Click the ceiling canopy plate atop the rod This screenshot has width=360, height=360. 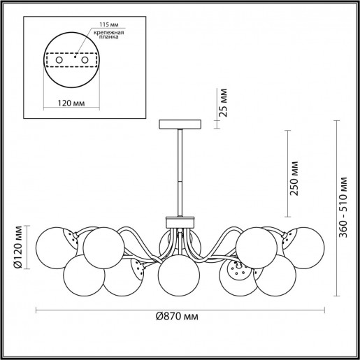point(180,124)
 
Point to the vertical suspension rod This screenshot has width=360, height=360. point(180,171)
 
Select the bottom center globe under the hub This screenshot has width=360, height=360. point(175,275)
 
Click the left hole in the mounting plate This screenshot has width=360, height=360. point(59,62)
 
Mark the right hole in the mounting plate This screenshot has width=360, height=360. point(85,62)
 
